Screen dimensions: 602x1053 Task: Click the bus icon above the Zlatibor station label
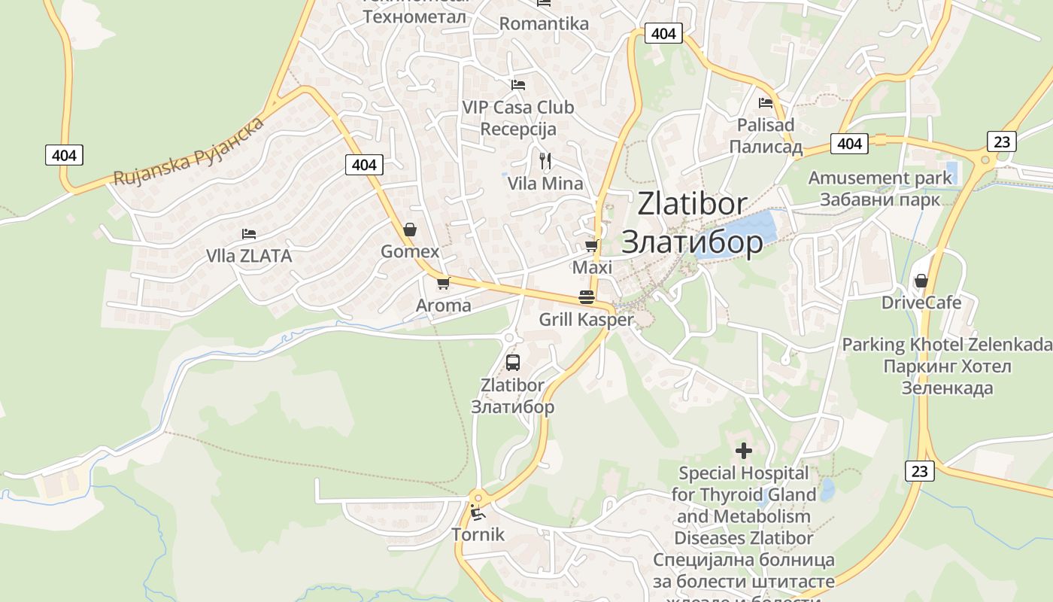pyautogui.click(x=513, y=363)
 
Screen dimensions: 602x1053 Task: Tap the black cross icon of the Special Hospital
pyautogui.click(x=744, y=451)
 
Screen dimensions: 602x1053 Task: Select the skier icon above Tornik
pyautogui.click(x=477, y=513)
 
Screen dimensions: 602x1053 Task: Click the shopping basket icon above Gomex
pyautogui.click(x=410, y=230)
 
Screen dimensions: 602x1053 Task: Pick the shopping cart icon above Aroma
pyautogui.click(x=443, y=284)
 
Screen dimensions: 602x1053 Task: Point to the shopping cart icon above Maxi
pyautogui.click(x=592, y=246)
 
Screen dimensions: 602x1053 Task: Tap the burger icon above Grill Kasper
pyautogui.click(x=587, y=297)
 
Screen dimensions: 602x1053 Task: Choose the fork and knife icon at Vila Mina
pyautogui.click(x=546, y=160)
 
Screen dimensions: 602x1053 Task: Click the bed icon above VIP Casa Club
pyautogui.click(x=517, y=85)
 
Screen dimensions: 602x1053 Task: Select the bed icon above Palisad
pyautogui.click(x=766, y=103)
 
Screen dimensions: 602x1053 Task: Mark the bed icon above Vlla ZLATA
pyautogui.click(x=249, y=234)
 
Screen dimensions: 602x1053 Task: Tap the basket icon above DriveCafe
pyautogui.click(x=921, y=281)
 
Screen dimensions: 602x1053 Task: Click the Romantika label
pyautogui.click(x=544, y=23)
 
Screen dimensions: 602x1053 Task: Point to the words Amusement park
pyautogui.click(x=880, y=178)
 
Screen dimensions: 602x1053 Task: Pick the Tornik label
pyautogui.click(x=478, y=534)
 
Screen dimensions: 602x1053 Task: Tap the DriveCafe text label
pyautogui.click(x=921, y=303)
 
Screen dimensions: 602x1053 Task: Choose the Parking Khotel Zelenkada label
pyautogui.click(x=947, y=345)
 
